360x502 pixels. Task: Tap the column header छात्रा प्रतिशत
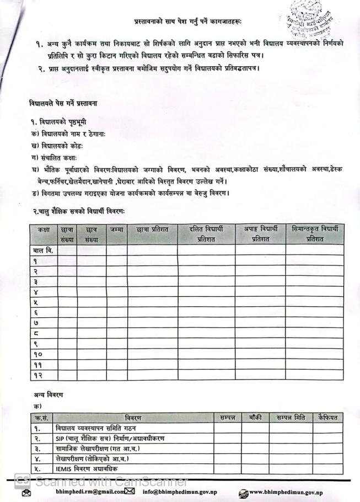click(x=152, y=229)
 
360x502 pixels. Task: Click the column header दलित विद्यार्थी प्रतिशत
click(x=206, y=234)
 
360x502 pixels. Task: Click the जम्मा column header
click(x=116, y=229)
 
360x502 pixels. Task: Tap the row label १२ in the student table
click(x=37, y=375)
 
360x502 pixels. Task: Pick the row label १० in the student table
click(x=37, y=354)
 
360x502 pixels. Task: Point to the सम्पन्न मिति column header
click(x=291, y=418)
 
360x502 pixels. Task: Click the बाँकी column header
click(x=255, y=418)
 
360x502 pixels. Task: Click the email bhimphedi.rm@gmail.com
click(x=84, y=492)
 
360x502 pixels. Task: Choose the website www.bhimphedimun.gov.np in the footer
click(x=286, y=492)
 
